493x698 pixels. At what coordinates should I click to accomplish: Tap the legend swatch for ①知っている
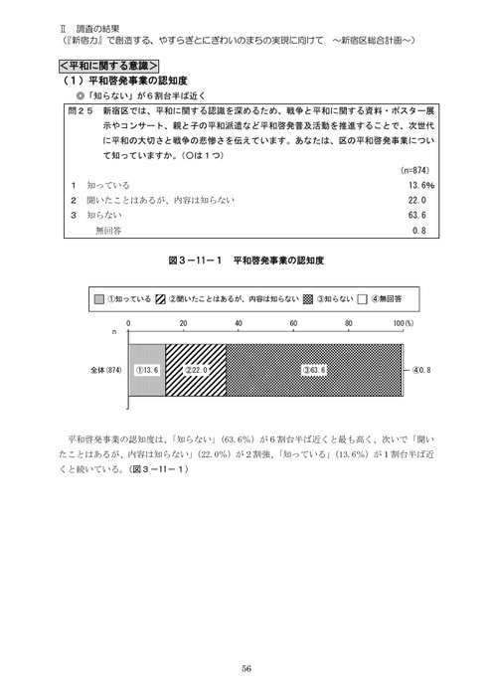pos(99,298)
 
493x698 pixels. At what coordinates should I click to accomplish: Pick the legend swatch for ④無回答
pos(364,298)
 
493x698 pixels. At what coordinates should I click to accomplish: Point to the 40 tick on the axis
pos(240,324)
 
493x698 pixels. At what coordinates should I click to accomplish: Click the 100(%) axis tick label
pos(403,324)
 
